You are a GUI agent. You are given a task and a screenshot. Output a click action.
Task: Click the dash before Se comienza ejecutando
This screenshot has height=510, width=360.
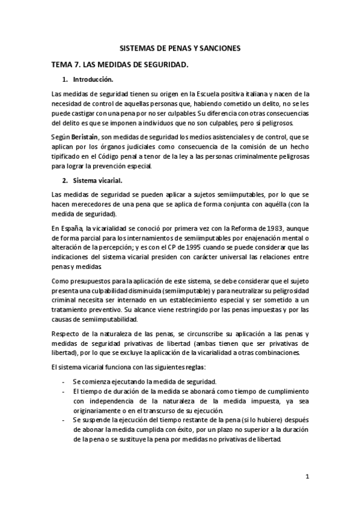coord(64,381)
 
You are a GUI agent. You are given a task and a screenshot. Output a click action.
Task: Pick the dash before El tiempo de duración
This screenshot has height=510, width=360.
coord(64,392)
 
